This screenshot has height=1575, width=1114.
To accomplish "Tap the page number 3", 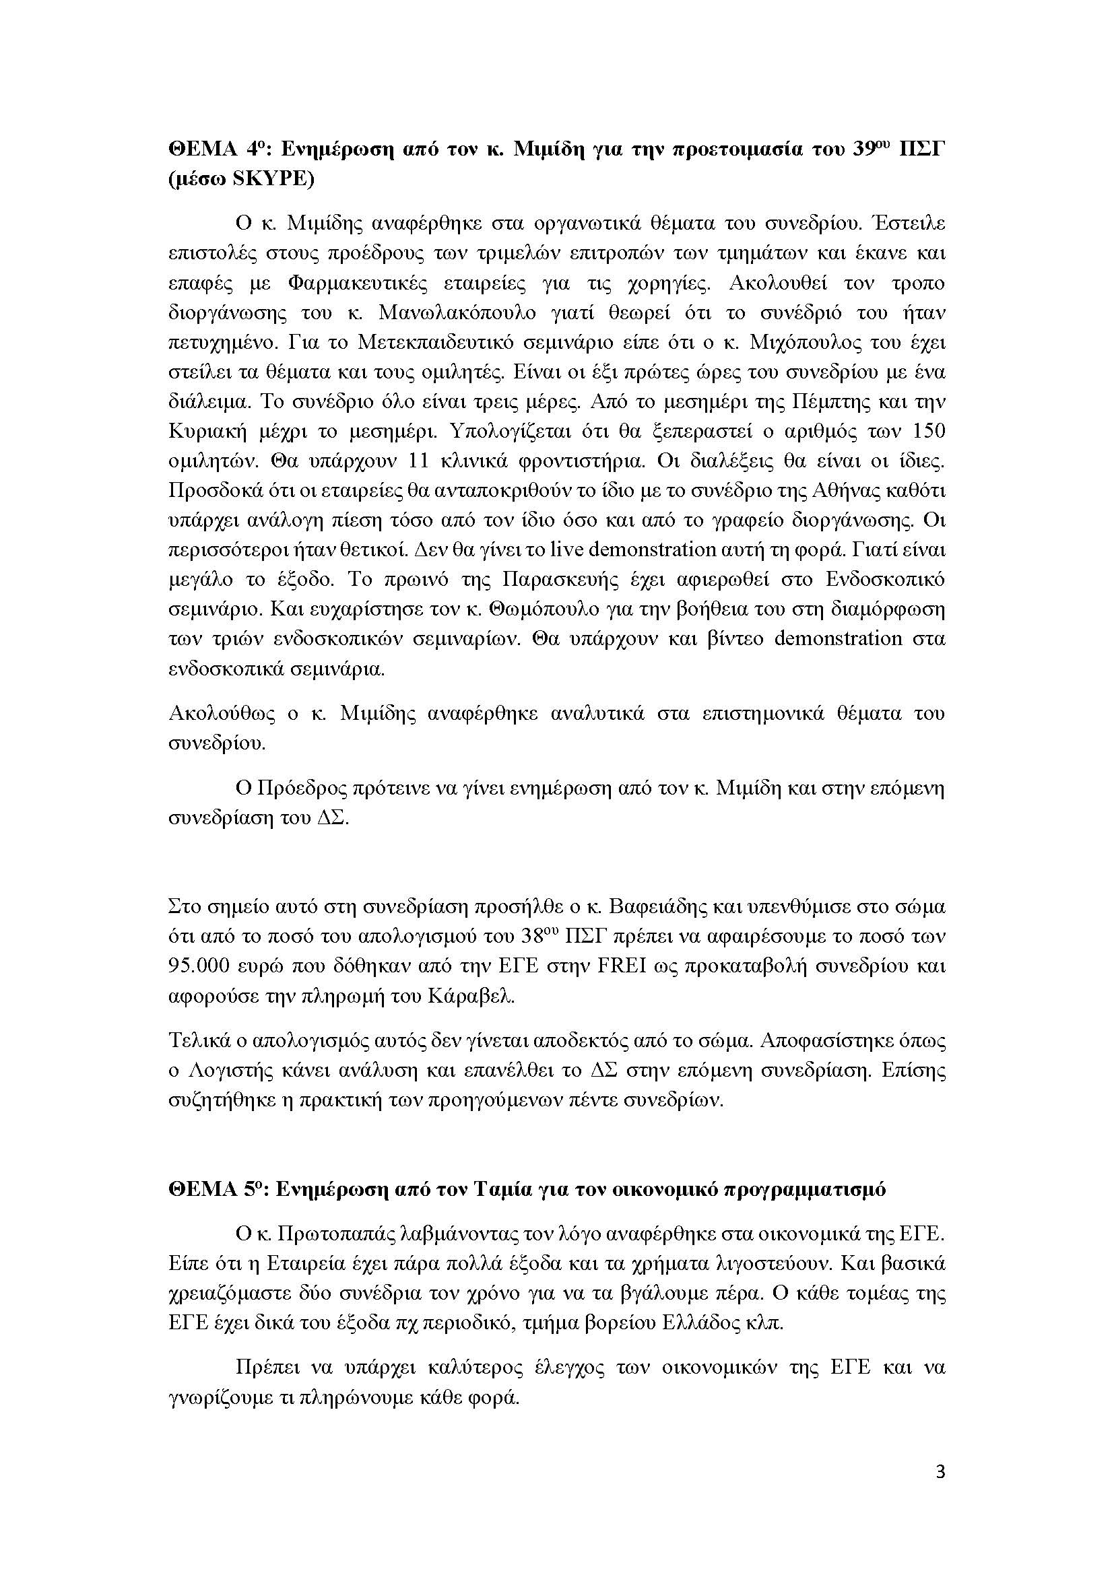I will coord(940,1472).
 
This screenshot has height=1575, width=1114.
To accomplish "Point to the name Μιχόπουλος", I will coord(808,342).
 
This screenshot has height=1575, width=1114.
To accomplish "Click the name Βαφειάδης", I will coord(663,907).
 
